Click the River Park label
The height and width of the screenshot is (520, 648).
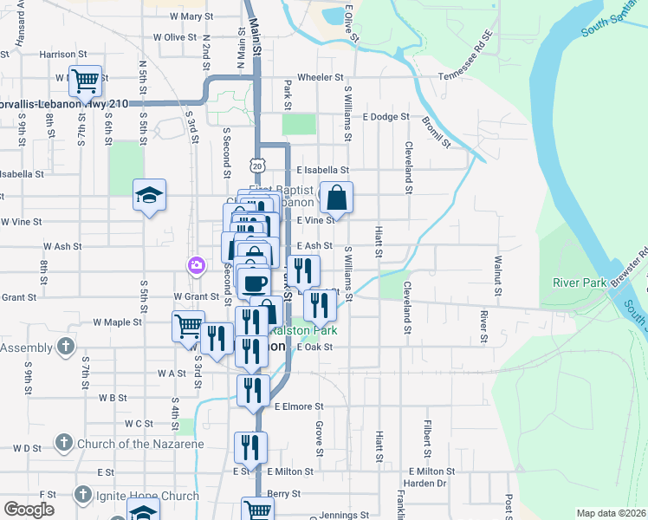579,283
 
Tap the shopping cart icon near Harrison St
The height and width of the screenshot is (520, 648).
85,81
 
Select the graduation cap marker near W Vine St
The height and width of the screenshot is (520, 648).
149,196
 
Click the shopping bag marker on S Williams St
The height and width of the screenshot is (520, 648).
336,197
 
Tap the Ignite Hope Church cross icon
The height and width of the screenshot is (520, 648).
82,495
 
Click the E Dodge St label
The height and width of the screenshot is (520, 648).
386,116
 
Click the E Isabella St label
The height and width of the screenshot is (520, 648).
322,171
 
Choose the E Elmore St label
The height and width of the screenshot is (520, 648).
299,406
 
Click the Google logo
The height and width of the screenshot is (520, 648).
29,510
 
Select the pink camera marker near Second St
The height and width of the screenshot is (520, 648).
198,264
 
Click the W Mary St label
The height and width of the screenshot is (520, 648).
191,16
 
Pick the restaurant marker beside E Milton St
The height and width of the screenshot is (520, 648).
250,447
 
